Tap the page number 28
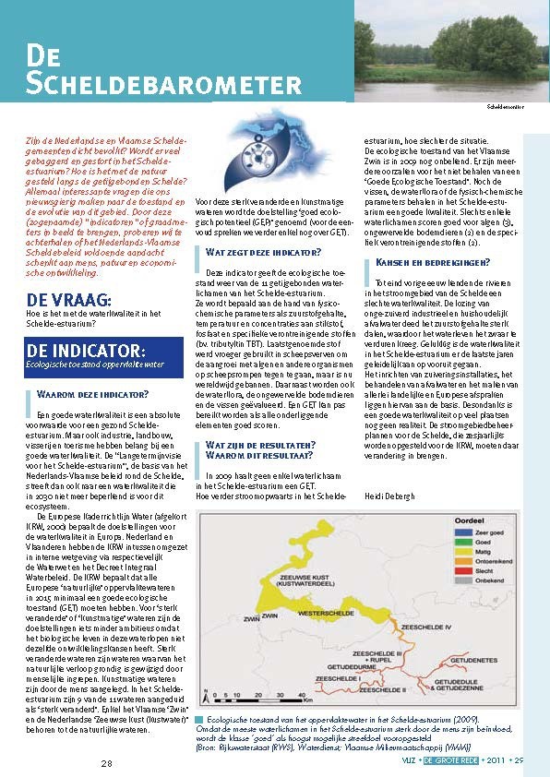pyautogui.click(x=106, y=762)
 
